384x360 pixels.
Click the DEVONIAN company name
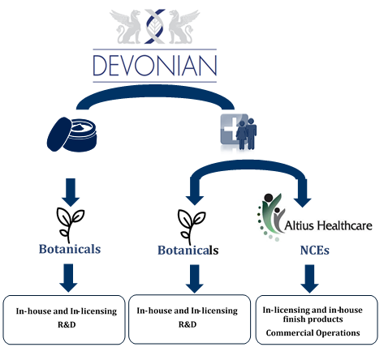pyautogui.click(x=155, y=66)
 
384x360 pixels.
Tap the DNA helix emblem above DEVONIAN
pyautogui.click(x=155, y=26)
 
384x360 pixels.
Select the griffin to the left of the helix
pyautogui.click(x=126, y=27)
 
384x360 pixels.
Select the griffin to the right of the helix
pyautogui.click(x=183, y=27)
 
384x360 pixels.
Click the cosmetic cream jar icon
pyautogui.click(x=72, y=135)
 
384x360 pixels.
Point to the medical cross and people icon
pyautogui.click(x=239, y=132)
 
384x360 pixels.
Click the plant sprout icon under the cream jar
pyautogui.click(x=70, y=225)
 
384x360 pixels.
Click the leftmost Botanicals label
pyautogui.click(x=70, y=249)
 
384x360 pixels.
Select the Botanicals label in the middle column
pyautogui.click(x=188, y=251)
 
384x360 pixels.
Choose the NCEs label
pyautogui.click(x=315, y=251)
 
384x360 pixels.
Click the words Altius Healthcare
pyautogui.click(x=328, y=225)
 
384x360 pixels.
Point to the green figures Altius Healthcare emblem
pyautogui.click(x=270, y=217)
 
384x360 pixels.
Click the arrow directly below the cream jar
pyautogui.click(x=71, y=192)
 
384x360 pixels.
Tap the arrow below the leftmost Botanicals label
pyautogui.click(x=68, y=278)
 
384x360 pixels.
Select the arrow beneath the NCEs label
pyautogui.click(x=309, y=279)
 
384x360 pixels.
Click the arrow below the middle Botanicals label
pyautogui.click(x=195, y=279)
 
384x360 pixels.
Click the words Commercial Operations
pyautogui.click(x=313, y=333)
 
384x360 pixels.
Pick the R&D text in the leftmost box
pyautogui.click(x=67, y=324)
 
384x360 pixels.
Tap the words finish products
pyautogui.click(x=313, y=319)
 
